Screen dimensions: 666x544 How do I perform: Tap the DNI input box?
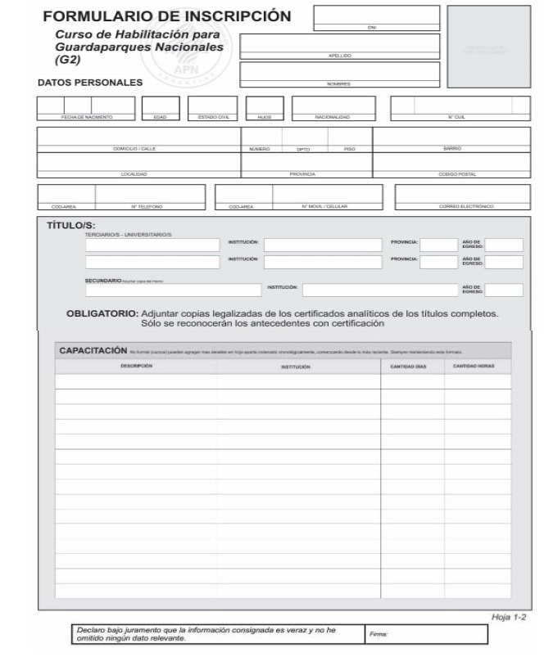click(359, 17)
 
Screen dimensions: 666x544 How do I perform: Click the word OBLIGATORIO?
click(102, 313)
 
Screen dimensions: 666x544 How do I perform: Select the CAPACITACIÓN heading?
click(93, 351)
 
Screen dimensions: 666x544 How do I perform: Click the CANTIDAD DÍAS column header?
click(412, 367)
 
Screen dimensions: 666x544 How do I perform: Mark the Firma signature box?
click(426, 634)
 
